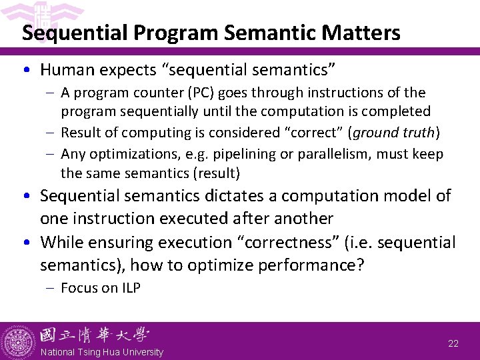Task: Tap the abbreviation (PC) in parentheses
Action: point(210,93)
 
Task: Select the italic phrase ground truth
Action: point(393,132)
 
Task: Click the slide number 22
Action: point(453,343)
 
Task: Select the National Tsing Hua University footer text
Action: point(101,352)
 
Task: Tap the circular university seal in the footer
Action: point(19,341)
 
